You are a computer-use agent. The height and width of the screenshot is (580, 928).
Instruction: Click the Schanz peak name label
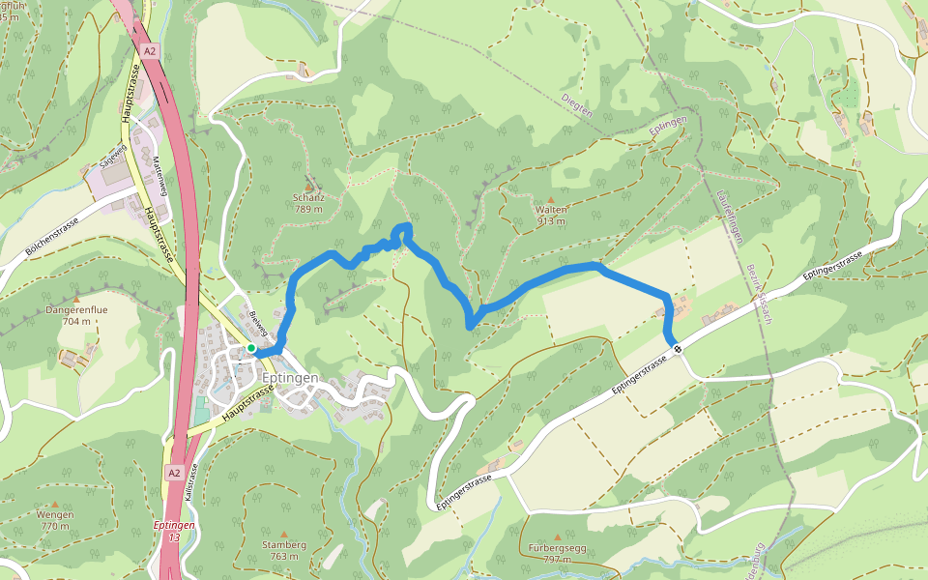point(308,197)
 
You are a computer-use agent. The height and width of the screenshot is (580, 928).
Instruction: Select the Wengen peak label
point(54,515)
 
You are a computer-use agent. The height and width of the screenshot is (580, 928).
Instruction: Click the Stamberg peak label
point(283,544)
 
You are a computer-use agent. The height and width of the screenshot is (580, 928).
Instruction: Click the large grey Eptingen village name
point(290,378)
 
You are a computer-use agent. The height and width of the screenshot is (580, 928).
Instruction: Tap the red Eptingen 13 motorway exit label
point(174,530)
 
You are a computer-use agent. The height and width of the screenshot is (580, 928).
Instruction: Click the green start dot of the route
point(250,348)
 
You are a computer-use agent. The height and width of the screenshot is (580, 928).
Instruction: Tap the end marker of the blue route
point(678,350)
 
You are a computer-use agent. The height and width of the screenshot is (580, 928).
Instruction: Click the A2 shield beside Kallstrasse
point(173,473)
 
